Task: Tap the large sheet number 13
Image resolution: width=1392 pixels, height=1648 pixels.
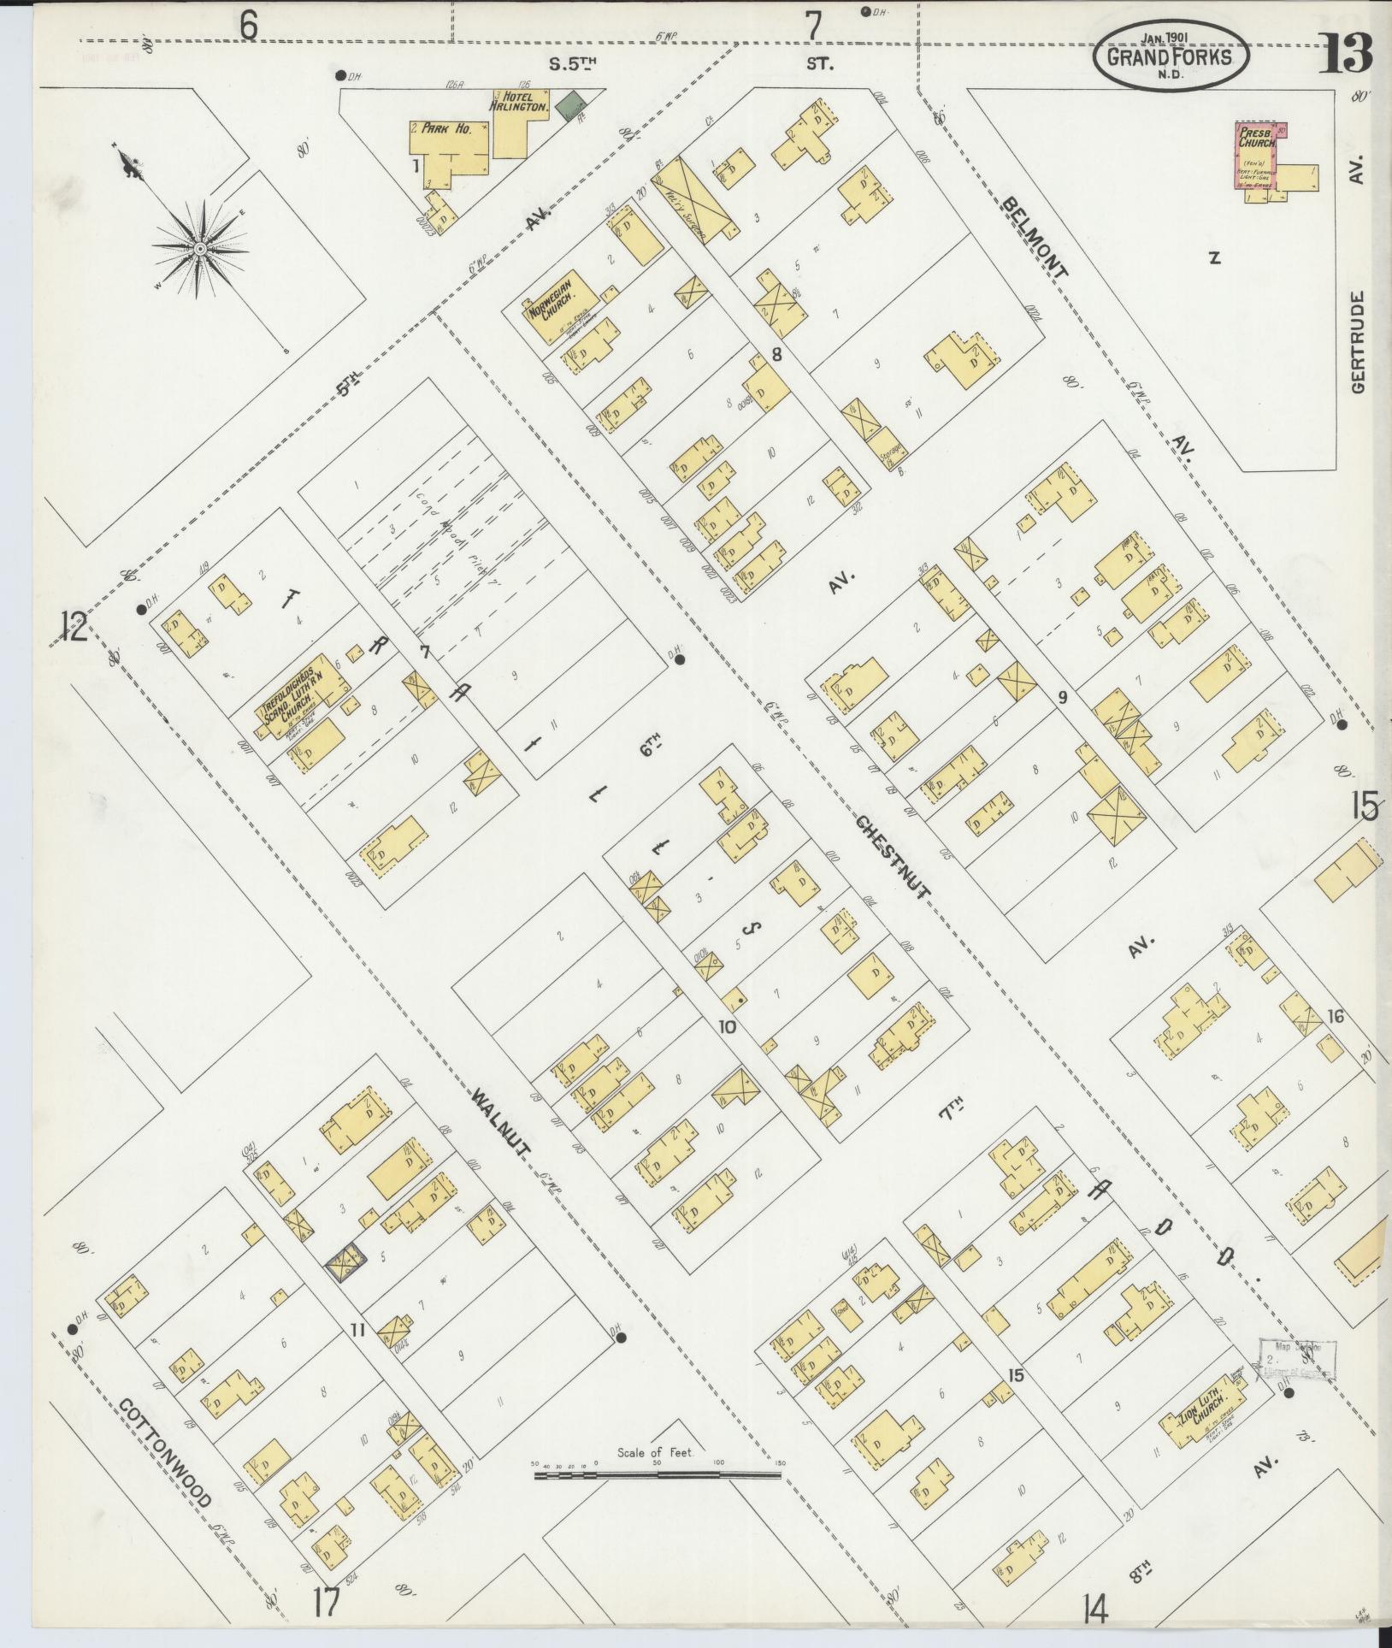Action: point(1346,54)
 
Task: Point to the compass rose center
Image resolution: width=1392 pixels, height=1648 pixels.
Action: point(198,249)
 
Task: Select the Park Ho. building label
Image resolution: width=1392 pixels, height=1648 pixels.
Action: point(452,129)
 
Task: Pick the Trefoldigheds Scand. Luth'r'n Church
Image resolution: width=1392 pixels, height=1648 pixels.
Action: point(301,694)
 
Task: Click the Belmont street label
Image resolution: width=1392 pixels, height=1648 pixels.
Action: point(1035,237)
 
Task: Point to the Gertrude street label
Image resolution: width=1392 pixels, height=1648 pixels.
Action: point(1360,342)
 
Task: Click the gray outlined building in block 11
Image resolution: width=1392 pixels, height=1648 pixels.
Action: point(345,1264)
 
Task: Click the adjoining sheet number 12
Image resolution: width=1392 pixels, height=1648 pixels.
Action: point(74,627)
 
